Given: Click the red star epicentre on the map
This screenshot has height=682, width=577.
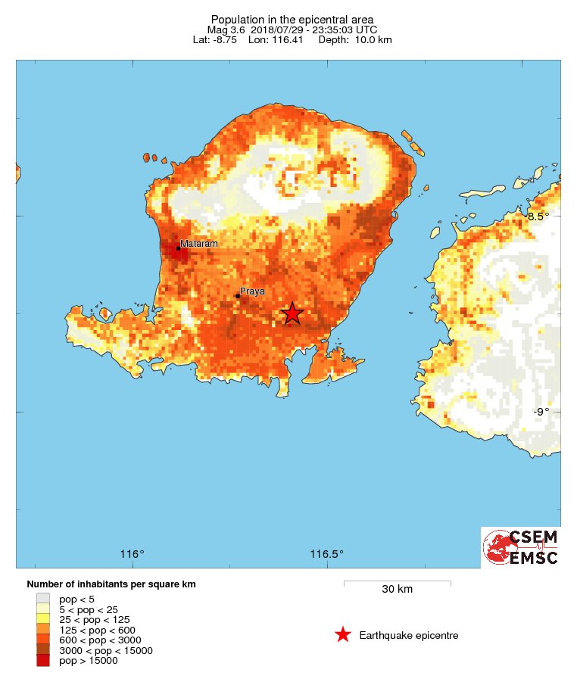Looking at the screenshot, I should (x=292, y=313).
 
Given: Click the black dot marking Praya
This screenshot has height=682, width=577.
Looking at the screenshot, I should (x=237, y=296).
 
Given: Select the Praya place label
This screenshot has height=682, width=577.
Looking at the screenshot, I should (x=252, y=291).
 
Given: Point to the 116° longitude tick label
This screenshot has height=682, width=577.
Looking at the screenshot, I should (x=133, y=554).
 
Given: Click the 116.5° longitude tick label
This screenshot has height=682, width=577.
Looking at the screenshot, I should (x=327, y=554).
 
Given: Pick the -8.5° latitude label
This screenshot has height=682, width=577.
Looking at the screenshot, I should (x=538, y=216).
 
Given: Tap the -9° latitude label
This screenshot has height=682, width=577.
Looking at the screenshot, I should (x=541, y=412).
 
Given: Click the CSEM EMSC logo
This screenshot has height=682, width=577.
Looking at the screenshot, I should (x=521, y=547).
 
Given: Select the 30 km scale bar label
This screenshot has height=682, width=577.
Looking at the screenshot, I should (x=397, y=590).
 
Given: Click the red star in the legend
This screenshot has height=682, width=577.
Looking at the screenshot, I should (x=343, y=635).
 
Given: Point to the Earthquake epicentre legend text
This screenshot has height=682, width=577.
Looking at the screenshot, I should (x=409, y=636).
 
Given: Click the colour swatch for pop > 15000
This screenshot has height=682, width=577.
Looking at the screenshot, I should (x=43, y=661).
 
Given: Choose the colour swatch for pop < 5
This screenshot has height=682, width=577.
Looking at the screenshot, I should (x=43, y=599).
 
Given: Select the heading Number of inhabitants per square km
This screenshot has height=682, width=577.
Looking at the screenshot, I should (x=111, y=584).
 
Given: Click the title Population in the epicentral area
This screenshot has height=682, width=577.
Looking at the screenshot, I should (x=292, y=19).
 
